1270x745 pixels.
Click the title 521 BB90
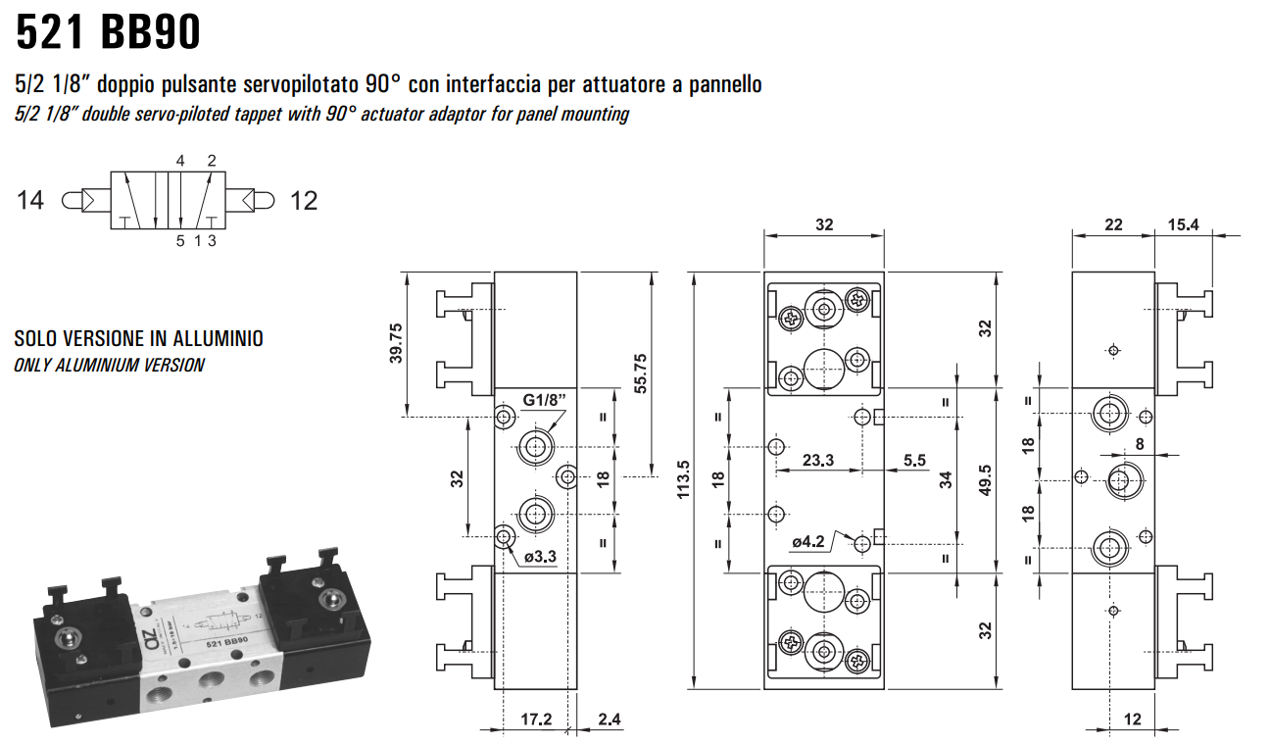pyautogui.click(x=108, y=32)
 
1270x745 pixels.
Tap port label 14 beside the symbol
pyautogui.click(x=30, y=201)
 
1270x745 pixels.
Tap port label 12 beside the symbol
pyautogui.click(x=304, y=201)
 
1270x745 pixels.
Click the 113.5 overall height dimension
pyautogui.click(x=683, y=479)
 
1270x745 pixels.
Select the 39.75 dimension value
pyautogui.click(x=397, y=343)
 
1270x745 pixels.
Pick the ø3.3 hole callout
pyautogui.click(x=540, y=557)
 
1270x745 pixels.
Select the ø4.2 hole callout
pyautogui.click(x=810, y=541)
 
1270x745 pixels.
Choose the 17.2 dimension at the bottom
pyautogui.click(x=535, y=720)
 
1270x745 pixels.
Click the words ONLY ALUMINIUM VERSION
pyautogui.click(x=109, y=365)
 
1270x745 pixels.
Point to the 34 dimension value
pyautogui.click(x=946, y=479)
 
